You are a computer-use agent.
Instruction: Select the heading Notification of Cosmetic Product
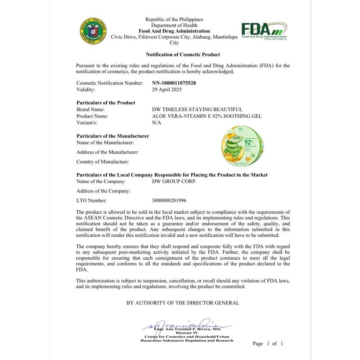pos(183,54)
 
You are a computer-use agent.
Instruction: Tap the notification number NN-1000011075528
pos(174,83)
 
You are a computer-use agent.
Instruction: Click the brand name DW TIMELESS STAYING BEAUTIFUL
pos(198,109)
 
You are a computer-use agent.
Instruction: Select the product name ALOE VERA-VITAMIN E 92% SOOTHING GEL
pos(207,116)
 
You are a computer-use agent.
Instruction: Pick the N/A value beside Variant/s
pos(157,122)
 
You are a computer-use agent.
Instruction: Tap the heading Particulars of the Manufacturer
pos(113,135)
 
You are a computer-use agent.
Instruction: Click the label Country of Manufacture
pos(103,161)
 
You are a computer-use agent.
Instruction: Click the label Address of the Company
pos(103,191)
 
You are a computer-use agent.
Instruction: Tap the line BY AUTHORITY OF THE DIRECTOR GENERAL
pos(183,303)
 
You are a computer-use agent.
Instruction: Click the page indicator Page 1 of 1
pos(267,343)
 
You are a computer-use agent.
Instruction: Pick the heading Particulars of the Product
pos(106,103)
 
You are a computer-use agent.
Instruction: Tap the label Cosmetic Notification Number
pos(110,83)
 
